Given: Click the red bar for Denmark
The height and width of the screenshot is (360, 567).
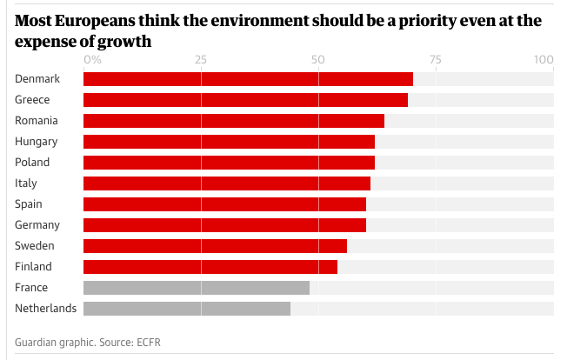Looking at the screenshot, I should coord(248,79).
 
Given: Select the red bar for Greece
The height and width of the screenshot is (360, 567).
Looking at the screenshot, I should coord(245,100).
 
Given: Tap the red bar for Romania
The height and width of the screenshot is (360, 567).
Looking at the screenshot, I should coord(233,121).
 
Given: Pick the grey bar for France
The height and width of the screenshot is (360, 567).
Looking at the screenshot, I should coord(196,288).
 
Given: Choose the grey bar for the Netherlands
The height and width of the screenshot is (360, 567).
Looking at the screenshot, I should coord(186,309).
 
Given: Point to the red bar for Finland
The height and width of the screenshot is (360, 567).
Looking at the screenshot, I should coord(210,267).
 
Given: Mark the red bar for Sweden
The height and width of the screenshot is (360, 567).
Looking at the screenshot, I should coord(215,246).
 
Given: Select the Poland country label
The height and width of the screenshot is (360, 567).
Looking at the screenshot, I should coord(32,162).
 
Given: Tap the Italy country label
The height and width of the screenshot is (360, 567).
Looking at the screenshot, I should coord(26,183).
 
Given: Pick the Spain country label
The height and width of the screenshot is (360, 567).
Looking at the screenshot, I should coord(29,203).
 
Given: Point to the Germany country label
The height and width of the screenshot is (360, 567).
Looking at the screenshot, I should coord(37,224).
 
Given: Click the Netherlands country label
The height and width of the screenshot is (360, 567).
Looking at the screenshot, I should coord(45,308).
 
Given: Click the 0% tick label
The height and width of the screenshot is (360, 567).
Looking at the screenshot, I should coord(92,60).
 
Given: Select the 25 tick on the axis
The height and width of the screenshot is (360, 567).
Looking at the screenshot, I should coord(201,60).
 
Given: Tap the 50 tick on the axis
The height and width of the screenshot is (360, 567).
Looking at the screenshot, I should coord(317,60).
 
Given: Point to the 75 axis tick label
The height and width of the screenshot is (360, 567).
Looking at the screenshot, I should coord(435,60).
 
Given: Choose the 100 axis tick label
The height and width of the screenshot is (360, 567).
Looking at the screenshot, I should coord(544,60).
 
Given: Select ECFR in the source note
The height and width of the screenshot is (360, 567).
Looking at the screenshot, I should coord(148,343).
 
